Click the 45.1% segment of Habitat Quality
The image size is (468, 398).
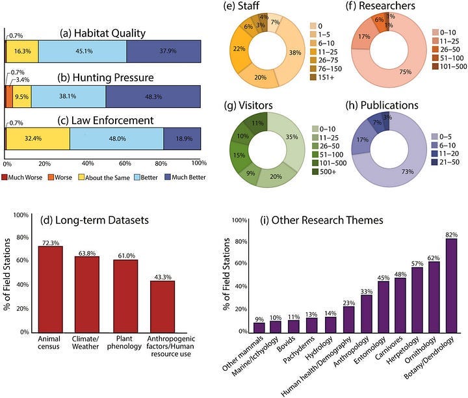pyautogui.click(x=83, y=51)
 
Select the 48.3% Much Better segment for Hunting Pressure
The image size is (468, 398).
pyautogui.click(x=153, y=96)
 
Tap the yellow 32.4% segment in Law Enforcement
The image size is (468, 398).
pyautogui.click(x=38, y=139)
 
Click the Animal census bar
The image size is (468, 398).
pyautogui.click(x=51, y=289)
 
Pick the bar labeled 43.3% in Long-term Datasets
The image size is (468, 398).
pyautogui.click(x=162, y=307)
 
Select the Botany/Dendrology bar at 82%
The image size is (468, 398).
pyautogui.click(x=451, y=285)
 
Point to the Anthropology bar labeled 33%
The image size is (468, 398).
pyautogui.click(x=367, y=313)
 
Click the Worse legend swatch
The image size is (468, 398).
pyautogui.click(x=51, y=178)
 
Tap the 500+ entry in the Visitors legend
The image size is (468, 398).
pyautogui.click(x=324, y=172)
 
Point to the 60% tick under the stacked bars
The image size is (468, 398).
pyautogui.click(x=125, y=164)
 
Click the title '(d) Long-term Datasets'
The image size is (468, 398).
pyautogui.click(x=94, y=220)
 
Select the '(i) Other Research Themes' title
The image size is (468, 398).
pyautogui.click(x=322, y=220)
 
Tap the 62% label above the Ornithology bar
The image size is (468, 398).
pyautogui.click(x=434, y=258)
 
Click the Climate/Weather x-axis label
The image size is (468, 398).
pyautogui.click(x=85, y=343)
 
